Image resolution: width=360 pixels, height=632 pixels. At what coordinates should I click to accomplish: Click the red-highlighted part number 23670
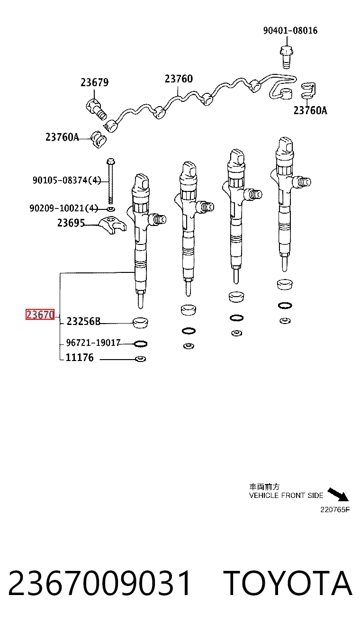click(40, 314)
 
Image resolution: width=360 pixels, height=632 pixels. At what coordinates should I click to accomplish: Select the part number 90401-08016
click(290, 30)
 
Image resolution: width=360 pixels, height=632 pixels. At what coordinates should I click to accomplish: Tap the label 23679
click(95, 82)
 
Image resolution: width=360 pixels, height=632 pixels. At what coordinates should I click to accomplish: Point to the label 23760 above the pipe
click(179, 79)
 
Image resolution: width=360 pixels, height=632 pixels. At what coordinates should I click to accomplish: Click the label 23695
click(71, 223)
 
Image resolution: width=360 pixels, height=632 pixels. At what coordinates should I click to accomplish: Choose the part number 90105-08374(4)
click(67, 180)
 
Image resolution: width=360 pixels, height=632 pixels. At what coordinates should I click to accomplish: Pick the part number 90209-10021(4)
click(64, 208)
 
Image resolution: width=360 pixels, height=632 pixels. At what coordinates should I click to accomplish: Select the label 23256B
click(83, 321)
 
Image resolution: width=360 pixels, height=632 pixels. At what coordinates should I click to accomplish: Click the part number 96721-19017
click(93, 343)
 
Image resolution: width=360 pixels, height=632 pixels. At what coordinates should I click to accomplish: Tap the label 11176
click(80, 358)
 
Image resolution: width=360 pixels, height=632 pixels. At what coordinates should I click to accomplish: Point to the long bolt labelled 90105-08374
click(110, 181)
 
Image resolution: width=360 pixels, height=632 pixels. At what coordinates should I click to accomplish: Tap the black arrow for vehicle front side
click(338, 495)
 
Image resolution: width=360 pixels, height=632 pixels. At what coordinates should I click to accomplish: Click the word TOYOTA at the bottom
click(288, 582)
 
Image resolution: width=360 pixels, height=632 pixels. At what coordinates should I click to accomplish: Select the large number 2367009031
click(99, 583)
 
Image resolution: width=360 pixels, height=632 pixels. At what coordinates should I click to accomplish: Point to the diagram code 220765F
click(335, 510)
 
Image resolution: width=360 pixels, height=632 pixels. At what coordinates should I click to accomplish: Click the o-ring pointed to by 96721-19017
click(140, 344)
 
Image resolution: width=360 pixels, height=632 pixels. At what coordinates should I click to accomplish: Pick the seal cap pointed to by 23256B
click(140, 323)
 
